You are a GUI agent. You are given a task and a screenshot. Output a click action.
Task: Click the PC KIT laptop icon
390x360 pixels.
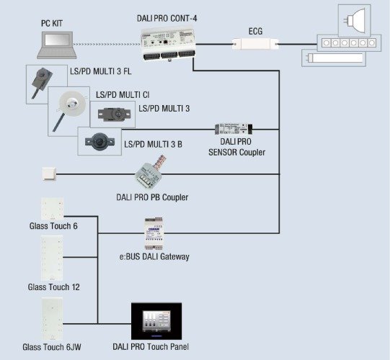57,45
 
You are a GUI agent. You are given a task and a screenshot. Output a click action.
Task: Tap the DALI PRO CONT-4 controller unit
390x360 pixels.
169,45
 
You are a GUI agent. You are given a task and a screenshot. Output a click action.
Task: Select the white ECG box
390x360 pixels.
255,44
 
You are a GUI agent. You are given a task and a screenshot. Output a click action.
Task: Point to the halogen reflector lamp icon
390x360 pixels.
355,19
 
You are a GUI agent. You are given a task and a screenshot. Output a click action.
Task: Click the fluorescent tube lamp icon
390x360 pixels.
334,58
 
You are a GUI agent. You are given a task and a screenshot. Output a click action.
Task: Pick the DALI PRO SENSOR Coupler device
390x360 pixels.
234,129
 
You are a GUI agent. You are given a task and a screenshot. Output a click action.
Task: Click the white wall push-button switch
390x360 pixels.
49,174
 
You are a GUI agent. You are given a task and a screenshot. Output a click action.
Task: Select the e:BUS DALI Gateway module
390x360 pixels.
154,233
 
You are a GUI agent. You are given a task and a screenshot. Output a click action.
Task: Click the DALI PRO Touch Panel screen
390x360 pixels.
156,321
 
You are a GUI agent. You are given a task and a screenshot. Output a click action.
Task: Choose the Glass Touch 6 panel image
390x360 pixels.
52,209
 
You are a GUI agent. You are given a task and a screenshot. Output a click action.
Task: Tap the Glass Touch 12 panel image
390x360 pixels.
52,258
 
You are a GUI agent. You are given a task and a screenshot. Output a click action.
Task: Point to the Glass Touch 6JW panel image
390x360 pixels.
52,319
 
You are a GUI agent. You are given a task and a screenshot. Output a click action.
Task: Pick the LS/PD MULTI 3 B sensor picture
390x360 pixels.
99,141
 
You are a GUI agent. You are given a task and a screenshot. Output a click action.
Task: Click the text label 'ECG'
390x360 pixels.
255,31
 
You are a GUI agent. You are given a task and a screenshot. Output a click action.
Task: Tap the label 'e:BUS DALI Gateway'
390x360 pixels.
154,256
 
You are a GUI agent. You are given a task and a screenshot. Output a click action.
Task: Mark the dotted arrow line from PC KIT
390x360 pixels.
107,44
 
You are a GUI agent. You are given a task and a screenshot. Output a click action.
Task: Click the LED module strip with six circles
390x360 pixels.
349,43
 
